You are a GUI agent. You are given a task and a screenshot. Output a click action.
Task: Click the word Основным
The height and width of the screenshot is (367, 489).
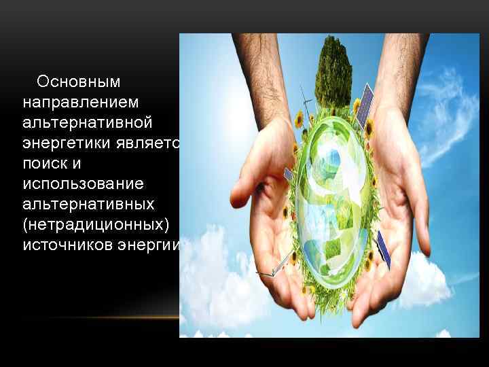click(78, 82)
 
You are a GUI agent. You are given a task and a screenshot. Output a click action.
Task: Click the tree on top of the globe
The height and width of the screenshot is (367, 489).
click(333, 68)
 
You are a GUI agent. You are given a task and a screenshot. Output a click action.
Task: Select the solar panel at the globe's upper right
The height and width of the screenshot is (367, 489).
click(365, 102)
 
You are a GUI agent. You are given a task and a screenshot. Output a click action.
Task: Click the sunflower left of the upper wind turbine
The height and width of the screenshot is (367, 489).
click(297, 120)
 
